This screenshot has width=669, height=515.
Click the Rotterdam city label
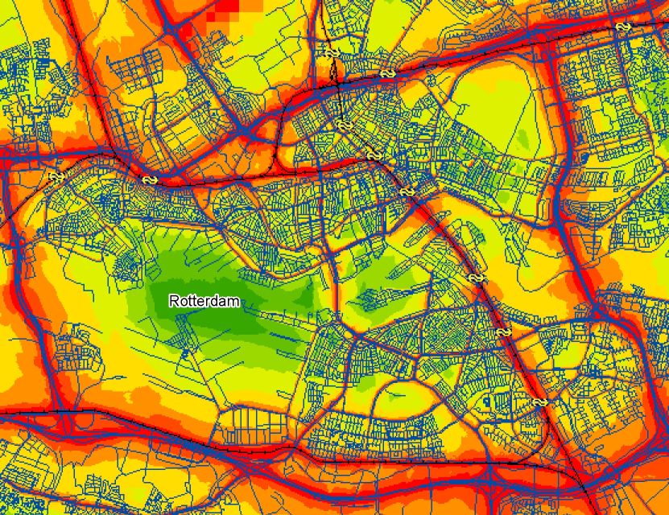[x=205, y=301]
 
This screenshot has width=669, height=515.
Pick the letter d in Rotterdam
[x=217, y=301]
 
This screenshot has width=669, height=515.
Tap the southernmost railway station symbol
[x=539, y=402]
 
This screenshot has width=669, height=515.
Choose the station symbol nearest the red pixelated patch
[x=331, y=53]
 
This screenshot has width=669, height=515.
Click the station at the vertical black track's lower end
[x=345, y=126]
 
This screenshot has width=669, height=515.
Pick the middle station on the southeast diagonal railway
[x=477, y=278]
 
